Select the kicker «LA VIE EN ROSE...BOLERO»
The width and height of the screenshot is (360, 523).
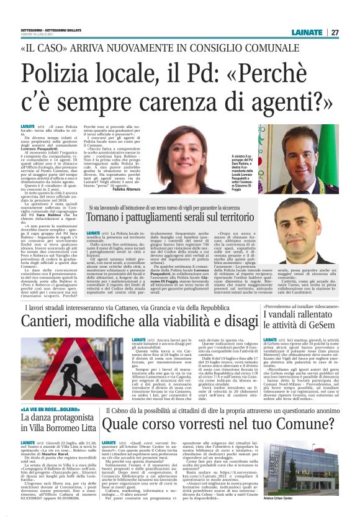[54, 411]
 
